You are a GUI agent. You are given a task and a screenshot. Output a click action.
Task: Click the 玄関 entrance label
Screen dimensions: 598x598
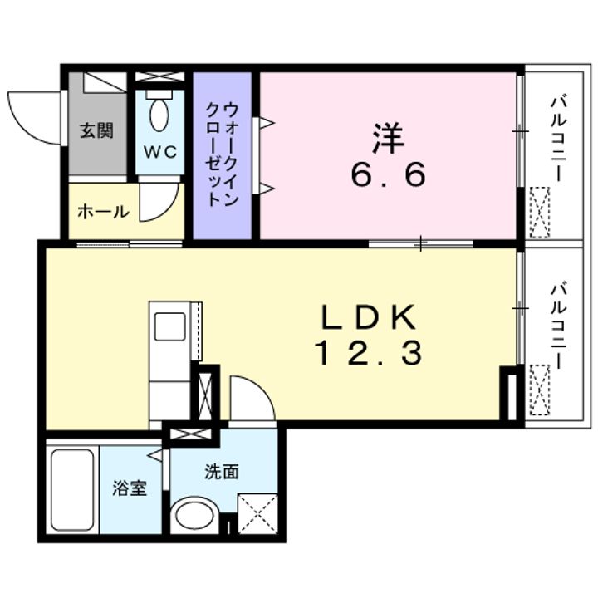pos(96,131)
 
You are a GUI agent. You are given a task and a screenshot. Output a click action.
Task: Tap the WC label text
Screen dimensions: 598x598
pos(160,152)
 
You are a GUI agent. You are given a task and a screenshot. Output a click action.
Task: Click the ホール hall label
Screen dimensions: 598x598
pos(103,211)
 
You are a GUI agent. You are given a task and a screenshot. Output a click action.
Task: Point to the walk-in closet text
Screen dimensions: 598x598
pos(223,154)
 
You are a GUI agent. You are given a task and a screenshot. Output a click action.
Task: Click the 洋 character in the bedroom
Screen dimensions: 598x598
pos(388,137)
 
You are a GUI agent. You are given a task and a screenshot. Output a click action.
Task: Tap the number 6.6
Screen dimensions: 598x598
pos(388,174)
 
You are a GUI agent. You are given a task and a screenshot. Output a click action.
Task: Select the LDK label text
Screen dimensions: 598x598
pos(369,317)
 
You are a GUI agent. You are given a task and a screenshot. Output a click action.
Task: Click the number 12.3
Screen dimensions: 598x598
pos(369,353)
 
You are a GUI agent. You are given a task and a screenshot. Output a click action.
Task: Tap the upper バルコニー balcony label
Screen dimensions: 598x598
pos(558,140)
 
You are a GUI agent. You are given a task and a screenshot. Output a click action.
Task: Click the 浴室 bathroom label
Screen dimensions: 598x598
pos(130,488)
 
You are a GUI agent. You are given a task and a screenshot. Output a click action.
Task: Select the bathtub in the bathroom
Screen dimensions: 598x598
pos(72,490)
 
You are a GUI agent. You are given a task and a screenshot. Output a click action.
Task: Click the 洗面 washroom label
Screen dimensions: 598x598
pos(222,472)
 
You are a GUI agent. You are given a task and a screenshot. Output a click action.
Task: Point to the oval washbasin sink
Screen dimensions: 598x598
pos(194,515)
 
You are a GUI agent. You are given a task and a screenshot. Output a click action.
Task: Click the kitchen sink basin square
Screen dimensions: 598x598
pos(170,326)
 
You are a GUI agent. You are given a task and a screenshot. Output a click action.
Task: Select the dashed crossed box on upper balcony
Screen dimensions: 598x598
pos(540,213)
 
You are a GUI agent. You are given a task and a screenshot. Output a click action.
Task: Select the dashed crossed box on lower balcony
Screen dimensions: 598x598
pos(540,390)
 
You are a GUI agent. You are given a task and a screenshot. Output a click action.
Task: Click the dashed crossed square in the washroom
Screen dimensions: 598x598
pos(257,514)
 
